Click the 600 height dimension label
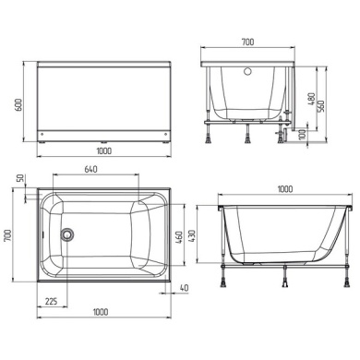click(x=18, y=104)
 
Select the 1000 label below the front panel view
click(x=104, y=150)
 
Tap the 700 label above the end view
click(x=247, y=42)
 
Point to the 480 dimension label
click(x=311, y=99)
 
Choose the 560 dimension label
click(x=320, y=106)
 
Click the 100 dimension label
click(x=303, y=134)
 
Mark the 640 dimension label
click(x=90, y=169)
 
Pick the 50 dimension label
click(x=19, y=178)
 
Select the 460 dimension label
click(x=179, y=237)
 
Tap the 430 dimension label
click(x=191, y=235)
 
